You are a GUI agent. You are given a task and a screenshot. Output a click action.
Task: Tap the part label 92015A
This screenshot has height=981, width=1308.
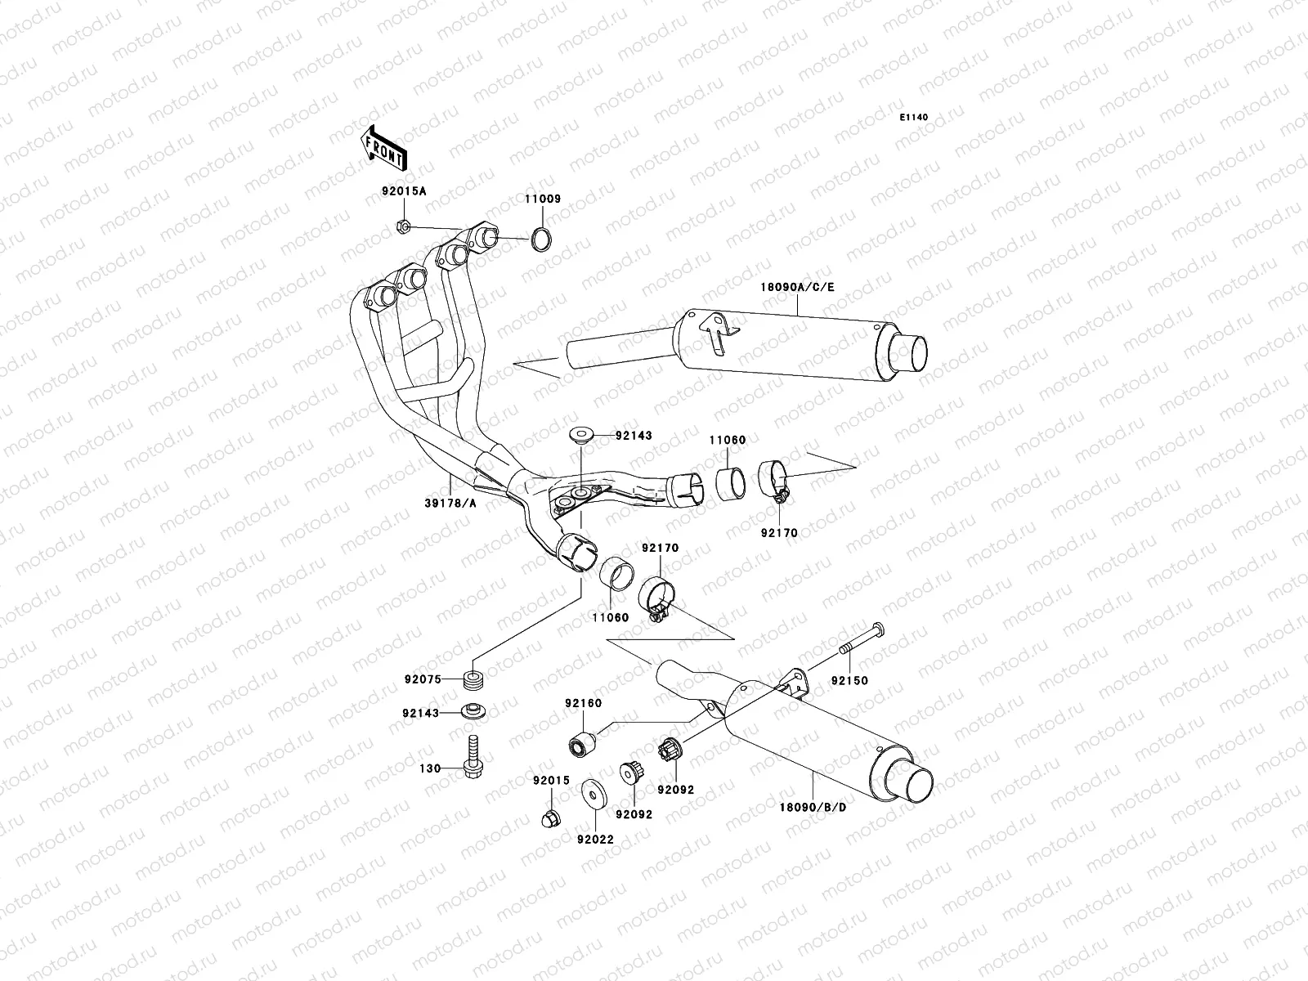404,192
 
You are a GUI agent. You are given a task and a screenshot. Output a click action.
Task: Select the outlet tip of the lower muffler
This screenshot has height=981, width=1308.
912,783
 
